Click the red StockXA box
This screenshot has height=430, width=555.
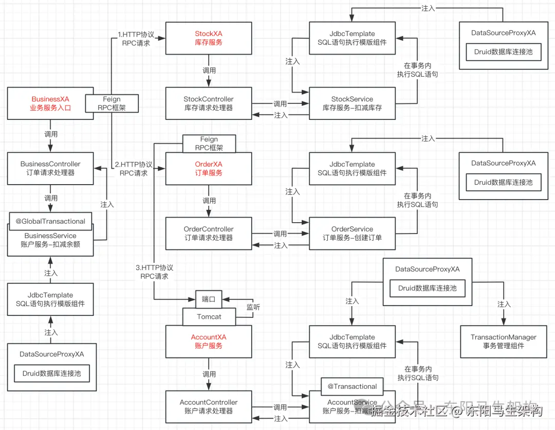[x=208, y=38]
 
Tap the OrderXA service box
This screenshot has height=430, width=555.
[x=208, y=169]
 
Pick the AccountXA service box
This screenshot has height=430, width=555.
[x=208, y=342]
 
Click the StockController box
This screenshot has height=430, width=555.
[x=208, y=103]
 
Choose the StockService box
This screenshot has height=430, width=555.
[x=352, y=103]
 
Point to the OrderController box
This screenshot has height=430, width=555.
[x=208, y=234]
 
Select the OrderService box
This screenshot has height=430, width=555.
[x=352, y=234]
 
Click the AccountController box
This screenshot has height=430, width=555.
[x=208, y=406]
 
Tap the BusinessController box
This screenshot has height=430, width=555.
[x=50, y=168]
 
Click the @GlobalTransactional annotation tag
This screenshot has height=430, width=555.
[x=50, y=221]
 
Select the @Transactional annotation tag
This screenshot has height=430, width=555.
[x=353, y=386]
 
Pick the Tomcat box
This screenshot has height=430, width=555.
[x=209, y=317]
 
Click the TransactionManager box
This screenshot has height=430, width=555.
[x=503, y=342]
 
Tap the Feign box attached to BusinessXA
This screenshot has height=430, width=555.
[x=112, y=103]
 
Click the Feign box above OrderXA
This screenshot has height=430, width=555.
[x=209, y=144]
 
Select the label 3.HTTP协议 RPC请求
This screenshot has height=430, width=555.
[x=154, y=272]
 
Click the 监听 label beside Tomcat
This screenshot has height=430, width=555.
[x=253, y=307]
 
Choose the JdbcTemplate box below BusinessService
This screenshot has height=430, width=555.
[x=50, y=299]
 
